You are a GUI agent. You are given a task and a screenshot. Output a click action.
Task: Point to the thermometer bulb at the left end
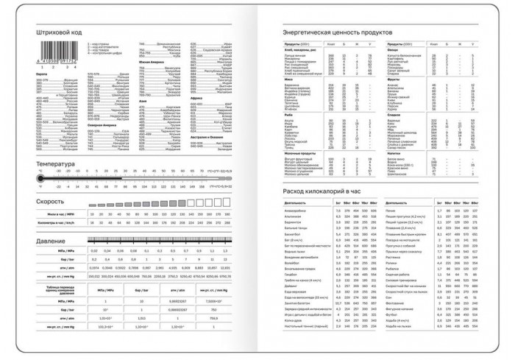coord(41,179)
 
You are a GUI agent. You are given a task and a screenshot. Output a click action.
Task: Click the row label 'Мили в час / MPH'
coord(60,213)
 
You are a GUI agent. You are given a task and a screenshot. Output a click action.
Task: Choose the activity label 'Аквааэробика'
coord(296,211)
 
